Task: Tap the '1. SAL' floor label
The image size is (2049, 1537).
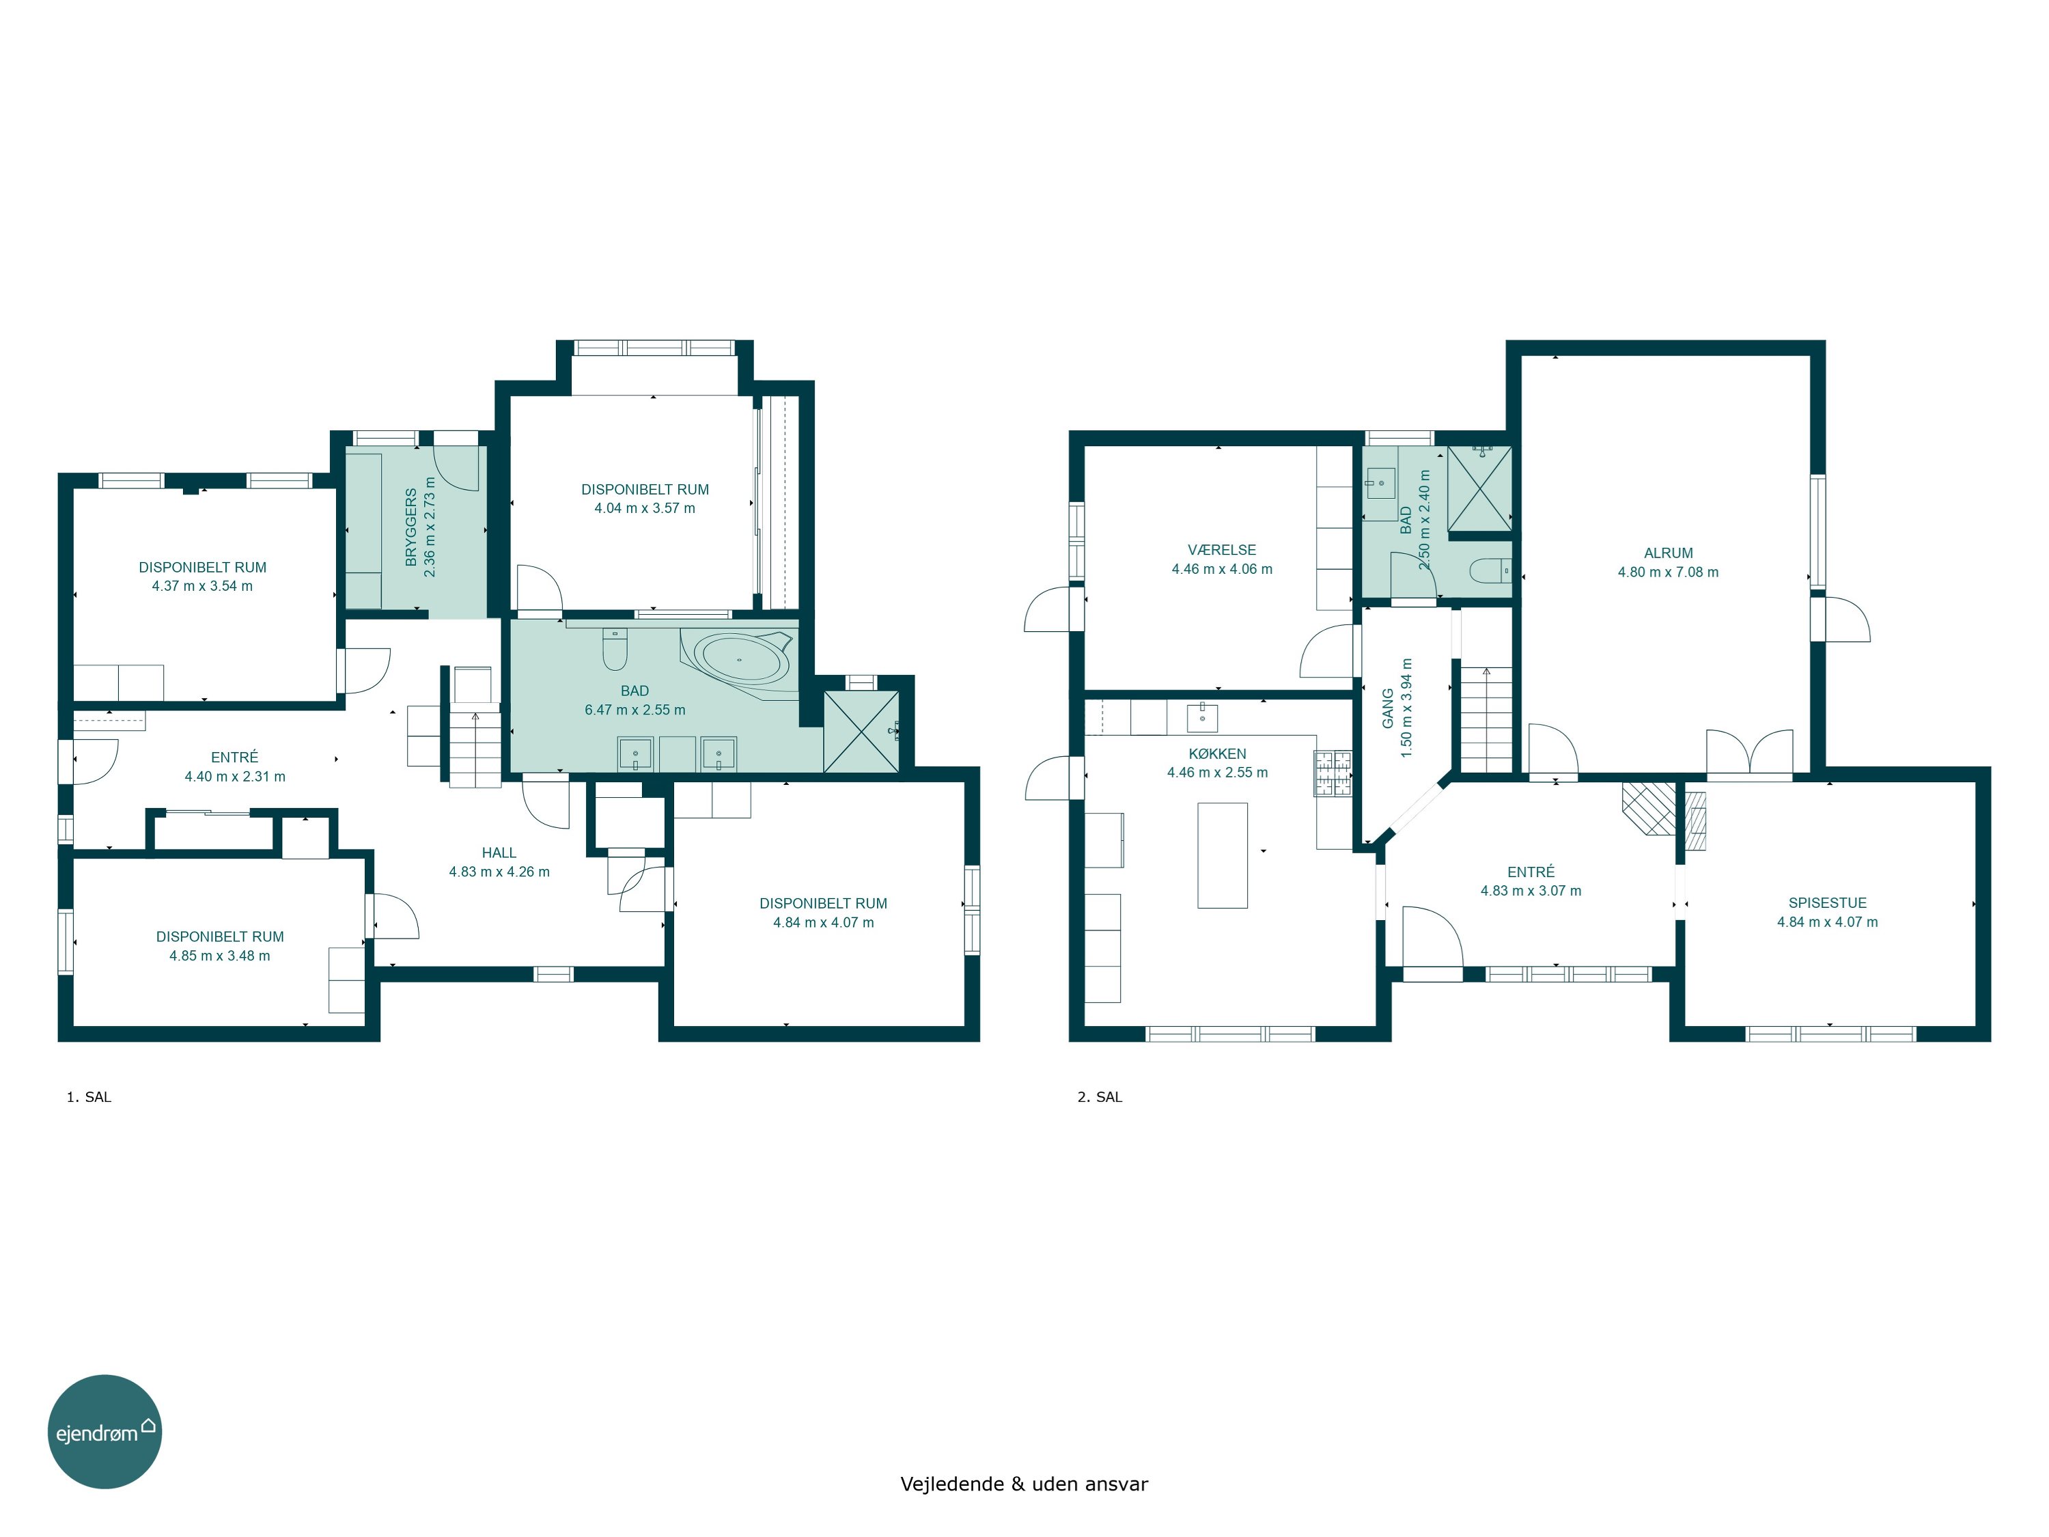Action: click(89, 1097)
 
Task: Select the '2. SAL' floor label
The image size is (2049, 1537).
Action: click(1100, 1097)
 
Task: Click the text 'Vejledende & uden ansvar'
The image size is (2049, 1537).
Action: click(1024, 1484)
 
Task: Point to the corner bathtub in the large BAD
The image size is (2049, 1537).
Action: click(739, 660)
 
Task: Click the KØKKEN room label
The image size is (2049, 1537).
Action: click(1217, 754)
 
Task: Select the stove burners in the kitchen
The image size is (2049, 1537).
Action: click(1332, 773)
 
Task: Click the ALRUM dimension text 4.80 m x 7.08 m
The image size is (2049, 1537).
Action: click(1669, 572)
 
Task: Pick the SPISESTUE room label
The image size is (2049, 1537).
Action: click(1828, 902)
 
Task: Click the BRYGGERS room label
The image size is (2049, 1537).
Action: click(411, 527)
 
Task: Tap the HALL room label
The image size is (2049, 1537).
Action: click(499, 853)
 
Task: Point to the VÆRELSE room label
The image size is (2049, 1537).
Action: click(1222, 549)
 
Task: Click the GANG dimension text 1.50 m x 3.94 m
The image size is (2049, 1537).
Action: click(1407, 709)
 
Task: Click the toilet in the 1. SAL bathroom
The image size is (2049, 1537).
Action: click(615, 648)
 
